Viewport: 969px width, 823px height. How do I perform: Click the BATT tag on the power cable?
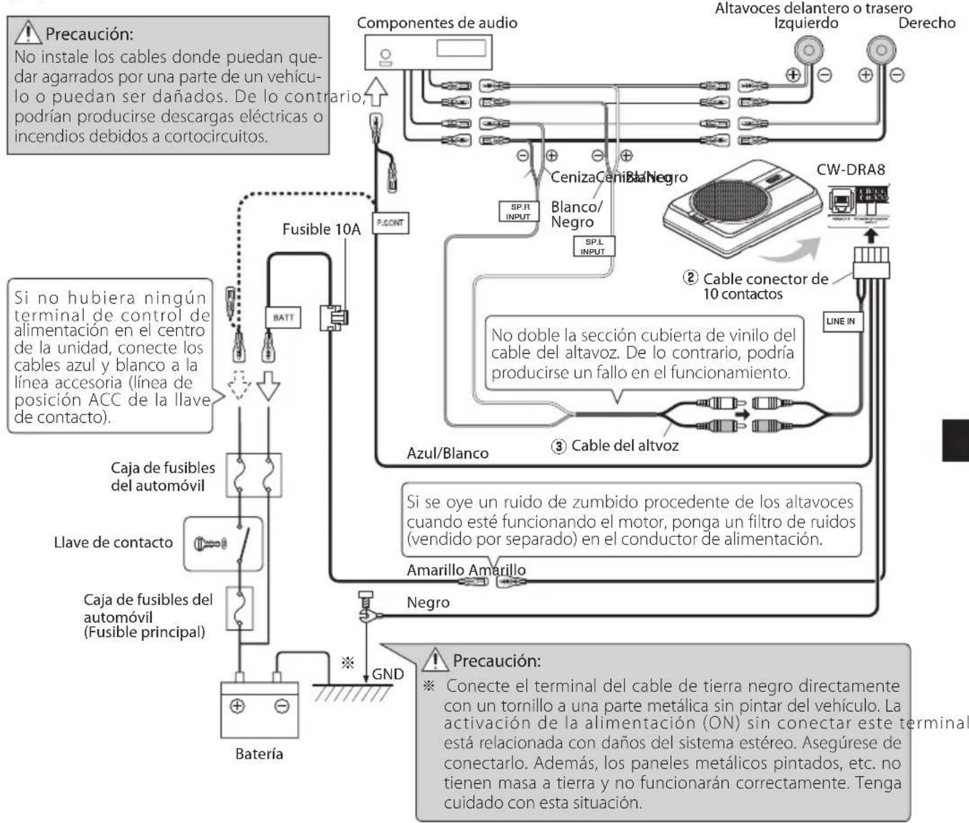(x=283, y=317)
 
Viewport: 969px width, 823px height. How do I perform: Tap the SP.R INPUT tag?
(x=518, y=211)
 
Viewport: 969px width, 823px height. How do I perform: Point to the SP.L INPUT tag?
(x=593, y=246)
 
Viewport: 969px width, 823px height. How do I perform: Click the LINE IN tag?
(x=840, y=321)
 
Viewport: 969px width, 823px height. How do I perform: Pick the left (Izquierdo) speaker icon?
(x=810, y=51)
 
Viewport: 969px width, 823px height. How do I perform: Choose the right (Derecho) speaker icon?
(x=882, y=51)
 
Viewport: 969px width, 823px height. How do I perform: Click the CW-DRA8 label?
(x=850, y=169)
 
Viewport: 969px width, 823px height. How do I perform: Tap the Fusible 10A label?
(x=321, y=230)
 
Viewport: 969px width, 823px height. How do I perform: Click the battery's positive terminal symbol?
(x=238, y=706)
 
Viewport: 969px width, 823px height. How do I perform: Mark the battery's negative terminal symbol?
(x=282, y=706)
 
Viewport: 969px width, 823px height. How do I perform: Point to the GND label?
(x=388, y=674)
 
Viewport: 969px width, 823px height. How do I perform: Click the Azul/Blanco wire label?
(x=447, y=453)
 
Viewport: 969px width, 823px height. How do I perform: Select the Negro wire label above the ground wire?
(x=428, y=602)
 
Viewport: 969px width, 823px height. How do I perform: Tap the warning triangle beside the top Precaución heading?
(x=31, y=32)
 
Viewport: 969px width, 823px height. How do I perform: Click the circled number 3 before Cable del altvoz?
(x=559, y=446)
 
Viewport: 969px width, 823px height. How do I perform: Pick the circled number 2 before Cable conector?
(x=690, y=277)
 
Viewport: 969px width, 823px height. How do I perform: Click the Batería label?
(x=259, y=754)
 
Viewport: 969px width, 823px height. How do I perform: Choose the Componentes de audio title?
(x=436, y=23)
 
